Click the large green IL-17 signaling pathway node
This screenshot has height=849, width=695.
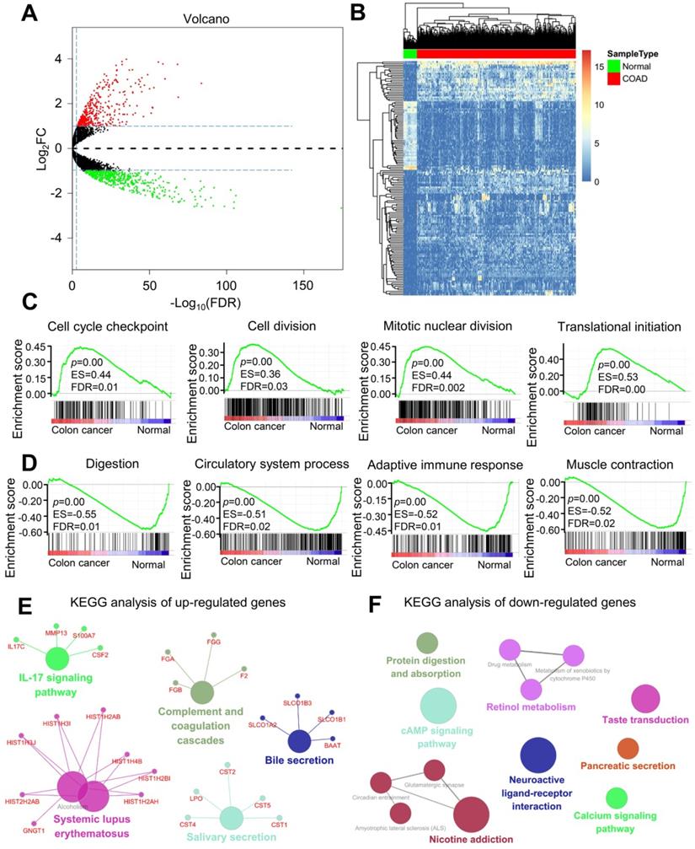(57, 658)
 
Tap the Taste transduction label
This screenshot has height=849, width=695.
(645, 719)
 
